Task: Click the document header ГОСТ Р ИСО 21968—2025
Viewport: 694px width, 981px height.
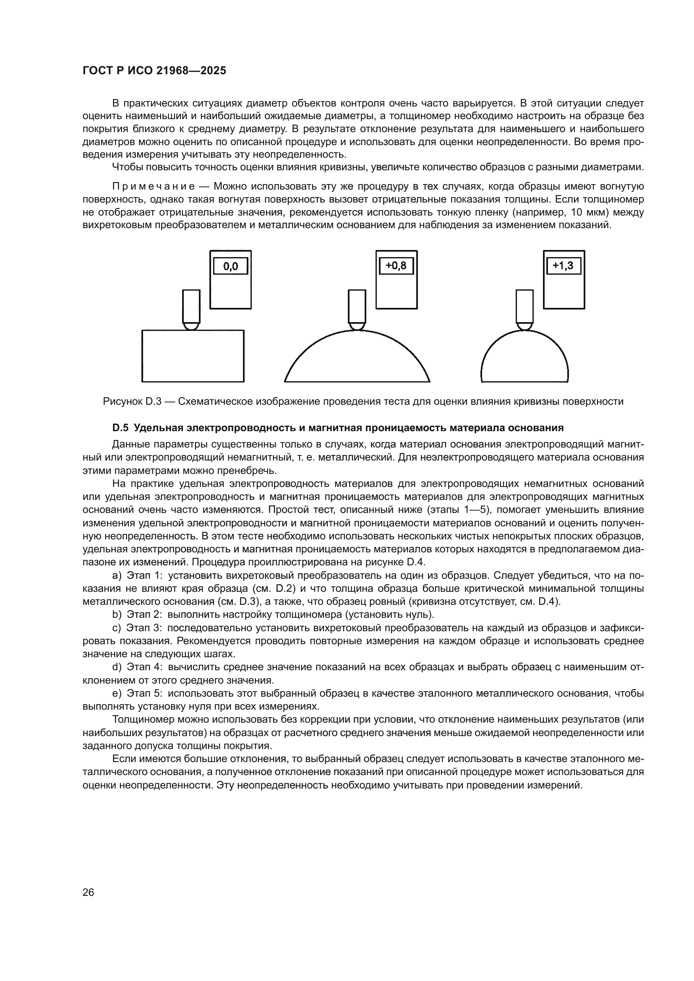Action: [154, 71]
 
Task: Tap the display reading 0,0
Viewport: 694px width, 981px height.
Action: [231, 267]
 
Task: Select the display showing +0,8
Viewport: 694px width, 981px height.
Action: [396, 266]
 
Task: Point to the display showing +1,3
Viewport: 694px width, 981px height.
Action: [563, 266]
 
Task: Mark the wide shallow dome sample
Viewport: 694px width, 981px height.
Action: [357, 361]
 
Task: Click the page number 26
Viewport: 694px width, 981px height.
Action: [88, 892]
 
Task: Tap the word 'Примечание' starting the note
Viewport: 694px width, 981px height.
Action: [154, 187]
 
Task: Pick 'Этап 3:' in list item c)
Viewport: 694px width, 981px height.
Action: [143, 628]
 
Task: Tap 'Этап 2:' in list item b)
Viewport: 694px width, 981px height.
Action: [144, 614]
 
